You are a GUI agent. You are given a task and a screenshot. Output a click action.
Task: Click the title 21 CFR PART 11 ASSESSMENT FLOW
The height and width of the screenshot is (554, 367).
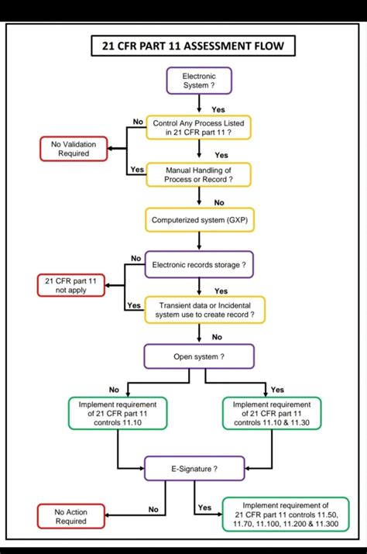(193, 46)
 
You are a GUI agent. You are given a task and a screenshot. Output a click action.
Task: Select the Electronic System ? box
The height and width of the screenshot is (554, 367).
(199, 81)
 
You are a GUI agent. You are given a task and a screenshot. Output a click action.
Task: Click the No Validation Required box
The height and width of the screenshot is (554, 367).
(69, 149)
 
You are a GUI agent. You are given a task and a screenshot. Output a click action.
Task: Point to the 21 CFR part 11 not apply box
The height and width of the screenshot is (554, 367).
(69, 284)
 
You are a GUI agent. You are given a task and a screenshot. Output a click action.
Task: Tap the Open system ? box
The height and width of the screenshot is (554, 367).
(199, 358)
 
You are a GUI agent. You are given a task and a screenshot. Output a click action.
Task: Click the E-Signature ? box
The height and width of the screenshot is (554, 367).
(194, 469)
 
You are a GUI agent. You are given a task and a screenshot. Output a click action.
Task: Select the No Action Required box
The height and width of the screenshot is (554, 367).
(70, 517)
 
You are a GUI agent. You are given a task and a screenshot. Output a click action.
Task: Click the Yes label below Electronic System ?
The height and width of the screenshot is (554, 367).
(218, 109)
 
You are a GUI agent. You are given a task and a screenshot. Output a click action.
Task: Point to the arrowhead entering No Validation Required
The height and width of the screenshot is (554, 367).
(108, 149)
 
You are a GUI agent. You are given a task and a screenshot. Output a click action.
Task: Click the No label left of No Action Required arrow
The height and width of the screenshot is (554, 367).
(153, 510)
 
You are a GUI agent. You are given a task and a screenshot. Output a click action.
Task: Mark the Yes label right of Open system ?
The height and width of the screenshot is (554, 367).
(277, 389)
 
